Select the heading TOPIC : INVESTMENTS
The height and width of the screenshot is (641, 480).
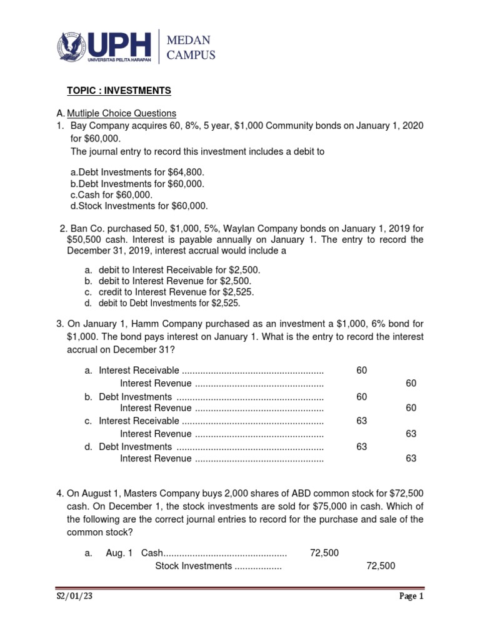pyautogui.click(x=119, y=91)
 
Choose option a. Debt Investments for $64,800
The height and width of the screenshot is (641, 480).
pyautogui.click(x=137, y=172)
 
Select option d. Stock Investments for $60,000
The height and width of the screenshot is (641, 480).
pyautogui.click(x=139, y=206)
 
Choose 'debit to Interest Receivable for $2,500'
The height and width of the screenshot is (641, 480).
pyautogui.click(x=179, y=269)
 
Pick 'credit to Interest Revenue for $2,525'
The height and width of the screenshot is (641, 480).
pyautogui.click(x=176, y=292)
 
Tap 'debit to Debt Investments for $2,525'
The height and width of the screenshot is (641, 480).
pyautogui.click(x=169, y=303)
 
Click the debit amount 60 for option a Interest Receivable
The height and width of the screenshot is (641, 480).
pyautogui.click(x=362, y=371)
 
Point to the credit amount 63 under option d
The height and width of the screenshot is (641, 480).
pyautogui.click(x=411, y=458)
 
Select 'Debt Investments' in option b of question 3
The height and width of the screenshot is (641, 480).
pyautogui.click(x=135, y=396)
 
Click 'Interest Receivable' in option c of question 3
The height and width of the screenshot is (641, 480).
pyautogui.click(x=139, y=421)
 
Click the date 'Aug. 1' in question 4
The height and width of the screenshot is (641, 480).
pyautogui.click(x=119, y=553)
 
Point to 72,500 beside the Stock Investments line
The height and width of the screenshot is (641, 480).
pyautogui.click(x=381, y=566)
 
